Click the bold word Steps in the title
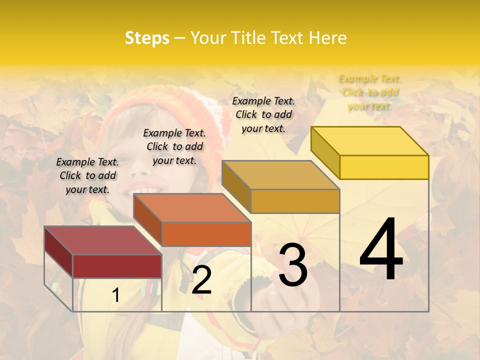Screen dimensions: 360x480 (x=147, y=38)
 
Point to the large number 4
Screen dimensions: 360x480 (x=381, y=250)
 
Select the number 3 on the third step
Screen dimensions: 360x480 (x=292, y=265)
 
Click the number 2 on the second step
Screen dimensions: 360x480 (x=201, y=280)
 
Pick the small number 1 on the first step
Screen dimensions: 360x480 (x=116, y=295)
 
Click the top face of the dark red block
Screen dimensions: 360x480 (x=102, y=240)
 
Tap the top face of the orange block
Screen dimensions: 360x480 (x=192, y=207)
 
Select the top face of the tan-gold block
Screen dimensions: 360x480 (x=280, y=174)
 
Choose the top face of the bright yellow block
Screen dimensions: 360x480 (x=369, y=140)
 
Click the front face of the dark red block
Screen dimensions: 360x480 (x=117, y=266)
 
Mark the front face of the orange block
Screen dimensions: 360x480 (x=206, y=234)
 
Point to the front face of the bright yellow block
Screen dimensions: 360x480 (x=384, y=167)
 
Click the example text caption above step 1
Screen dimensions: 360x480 (x=87, y=175)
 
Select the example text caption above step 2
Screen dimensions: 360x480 (x=174, y=146)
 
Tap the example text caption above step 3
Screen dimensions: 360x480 (x=263, y=114)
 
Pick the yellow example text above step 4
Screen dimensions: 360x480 (x=369, y=92)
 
